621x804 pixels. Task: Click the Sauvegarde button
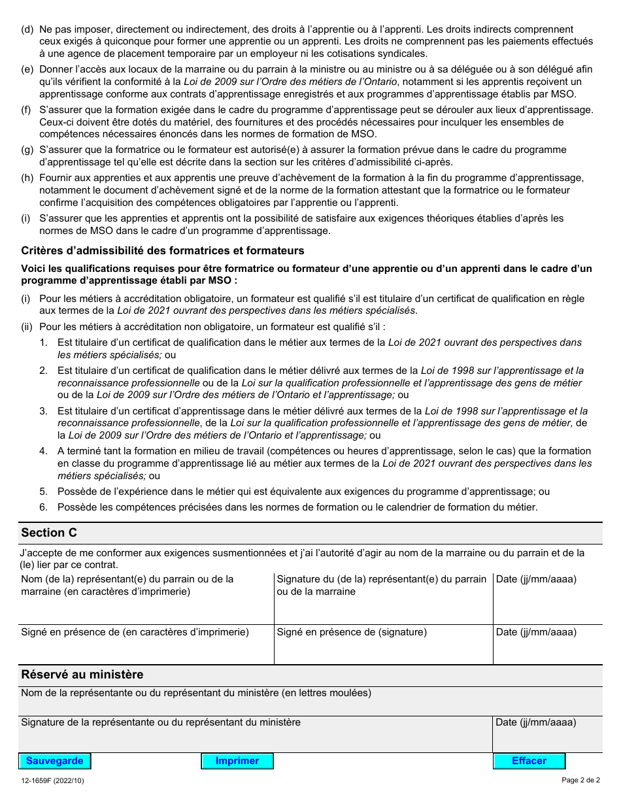pos(55,761)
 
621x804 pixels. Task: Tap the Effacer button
pos(529,761)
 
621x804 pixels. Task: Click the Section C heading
pos(49,533)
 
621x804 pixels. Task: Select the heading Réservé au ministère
pos(82,675)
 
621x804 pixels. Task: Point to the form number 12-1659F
pos(52,780)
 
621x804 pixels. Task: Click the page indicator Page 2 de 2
pos(580,780)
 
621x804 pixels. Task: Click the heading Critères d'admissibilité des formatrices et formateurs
pos(163,250)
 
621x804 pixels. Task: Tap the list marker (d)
pos(27,29)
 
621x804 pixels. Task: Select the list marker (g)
pos(27,150)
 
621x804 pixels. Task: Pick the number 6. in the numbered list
pos(43,507)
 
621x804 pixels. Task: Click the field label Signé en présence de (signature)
pos(352,632)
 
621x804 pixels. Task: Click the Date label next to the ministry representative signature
pos(536,722)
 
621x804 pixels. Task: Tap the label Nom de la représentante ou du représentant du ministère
pos(196,693)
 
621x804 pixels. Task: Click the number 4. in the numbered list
pos(43,451)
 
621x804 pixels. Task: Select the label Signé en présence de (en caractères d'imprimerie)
pos(135,632)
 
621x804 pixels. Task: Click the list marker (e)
pos(27,69)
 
